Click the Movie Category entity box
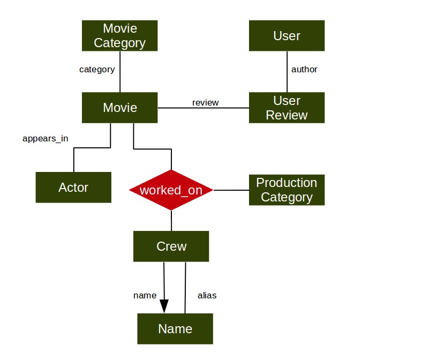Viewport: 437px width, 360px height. click(x=119, y=36)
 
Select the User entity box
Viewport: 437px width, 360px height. click(x=287, y=36)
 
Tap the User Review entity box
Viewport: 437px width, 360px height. click(x=287, y=108)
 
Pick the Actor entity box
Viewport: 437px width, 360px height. click(x=73, y=187)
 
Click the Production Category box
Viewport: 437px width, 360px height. click(x=287, y=190)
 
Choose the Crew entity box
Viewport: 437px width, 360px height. click(x=171, y=246)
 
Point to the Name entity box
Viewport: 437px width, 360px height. click(x=175, y=329)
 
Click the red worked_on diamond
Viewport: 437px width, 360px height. click(x=171, y=190)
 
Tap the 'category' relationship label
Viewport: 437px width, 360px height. click(x=97, y=70)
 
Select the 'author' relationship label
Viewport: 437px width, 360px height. click(x=304, y=69)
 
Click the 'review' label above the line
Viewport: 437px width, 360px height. click(x=206, y=103)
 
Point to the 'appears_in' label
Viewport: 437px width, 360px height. click(x=46, y=139)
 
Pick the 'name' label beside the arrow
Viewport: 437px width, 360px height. click(x=145, y=296)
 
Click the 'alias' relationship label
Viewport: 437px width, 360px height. click(x=207, y=295)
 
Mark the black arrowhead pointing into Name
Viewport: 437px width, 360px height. click(x=164, y=306)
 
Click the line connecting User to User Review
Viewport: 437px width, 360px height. click(x=287, y=72)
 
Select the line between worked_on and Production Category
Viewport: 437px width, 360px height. click(x=231, y=190)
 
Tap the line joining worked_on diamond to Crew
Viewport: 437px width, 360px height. click(x=171, y=221)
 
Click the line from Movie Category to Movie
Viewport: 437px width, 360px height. click(x=120, y=72)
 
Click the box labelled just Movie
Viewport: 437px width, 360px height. click(x=119, y=108)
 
